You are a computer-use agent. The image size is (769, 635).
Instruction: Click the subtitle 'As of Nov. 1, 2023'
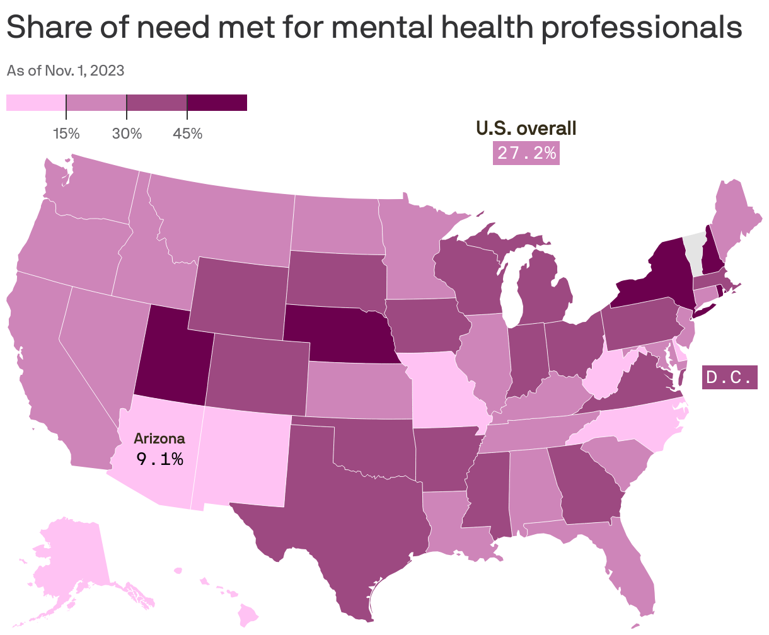tap(65, 71)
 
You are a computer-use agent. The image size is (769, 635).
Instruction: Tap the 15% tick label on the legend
tap(66, 134)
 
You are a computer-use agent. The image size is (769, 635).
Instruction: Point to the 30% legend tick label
tap(127, 134)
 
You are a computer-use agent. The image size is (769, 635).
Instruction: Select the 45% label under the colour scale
tap(187, 134)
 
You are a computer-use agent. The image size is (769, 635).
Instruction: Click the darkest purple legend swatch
tap(217, 103)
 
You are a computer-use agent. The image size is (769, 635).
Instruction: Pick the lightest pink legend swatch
tap(36, 103)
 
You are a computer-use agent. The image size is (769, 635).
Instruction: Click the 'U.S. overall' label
tap(526, 129)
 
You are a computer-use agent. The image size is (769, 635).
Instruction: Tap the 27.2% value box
tap(526, 153)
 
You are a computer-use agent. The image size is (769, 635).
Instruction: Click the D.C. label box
tap(729, 378)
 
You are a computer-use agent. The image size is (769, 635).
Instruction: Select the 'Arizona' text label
tap(159, 438)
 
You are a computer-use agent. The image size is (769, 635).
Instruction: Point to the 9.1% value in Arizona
tap(159, 459)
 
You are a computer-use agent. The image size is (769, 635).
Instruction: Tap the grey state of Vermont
tap(693, 252)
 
